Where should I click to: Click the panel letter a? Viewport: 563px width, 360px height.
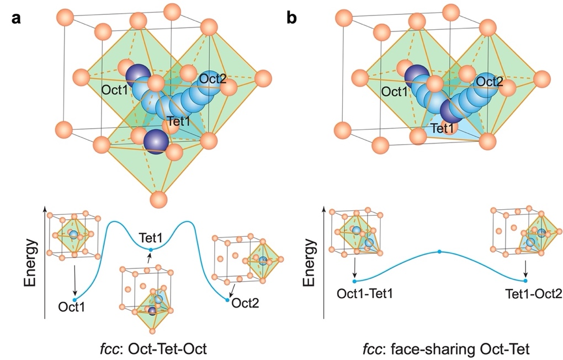click(x=17, y=18)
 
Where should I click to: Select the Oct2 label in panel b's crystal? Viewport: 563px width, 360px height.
click(x=491, y=82)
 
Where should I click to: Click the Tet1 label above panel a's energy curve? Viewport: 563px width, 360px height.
click(x=150, y=237)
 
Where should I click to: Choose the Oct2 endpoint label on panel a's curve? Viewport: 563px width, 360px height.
click(x=245, y=303)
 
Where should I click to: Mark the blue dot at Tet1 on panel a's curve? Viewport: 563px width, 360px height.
click(x=151, y=250)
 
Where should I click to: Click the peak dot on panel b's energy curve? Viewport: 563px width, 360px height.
click(x=439, y=252)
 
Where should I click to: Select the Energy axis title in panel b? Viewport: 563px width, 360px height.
click(x=309, y=264)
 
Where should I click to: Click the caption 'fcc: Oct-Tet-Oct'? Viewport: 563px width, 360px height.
click(x=150, y=349)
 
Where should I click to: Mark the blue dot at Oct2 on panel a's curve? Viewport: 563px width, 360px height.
click(x=227, y=300)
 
